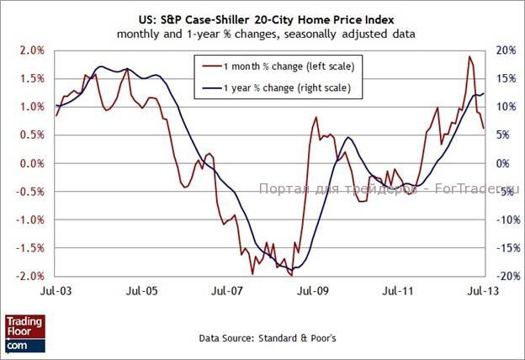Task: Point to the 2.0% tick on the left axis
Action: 32,50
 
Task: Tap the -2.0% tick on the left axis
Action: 30,276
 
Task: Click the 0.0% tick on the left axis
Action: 32,163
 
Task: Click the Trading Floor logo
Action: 24,334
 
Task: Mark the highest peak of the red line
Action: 469,56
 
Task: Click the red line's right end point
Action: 484,129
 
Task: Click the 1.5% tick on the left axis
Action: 32,78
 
